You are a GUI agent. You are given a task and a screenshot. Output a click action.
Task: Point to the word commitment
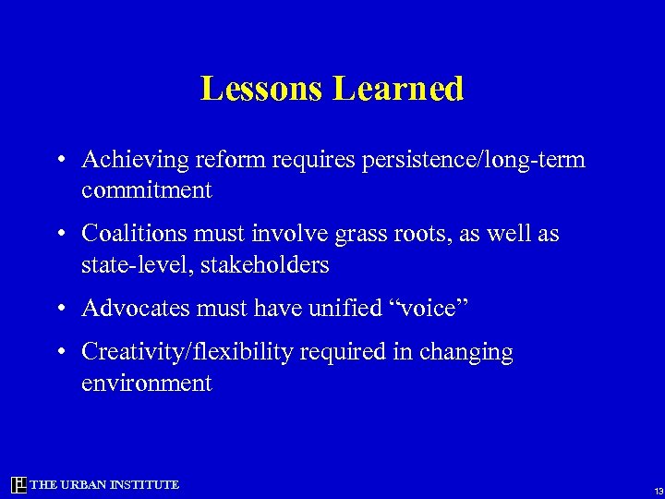coord(147,191)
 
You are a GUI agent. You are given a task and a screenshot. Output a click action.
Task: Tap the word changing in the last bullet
coord(468,352)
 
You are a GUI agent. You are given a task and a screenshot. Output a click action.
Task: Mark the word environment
coord(147,383)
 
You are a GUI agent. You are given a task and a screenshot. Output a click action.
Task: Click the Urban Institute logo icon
coord(18,485)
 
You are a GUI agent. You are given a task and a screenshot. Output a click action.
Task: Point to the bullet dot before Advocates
coord(58,309)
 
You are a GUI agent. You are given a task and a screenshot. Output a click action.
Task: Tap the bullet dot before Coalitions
coord(58,235)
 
